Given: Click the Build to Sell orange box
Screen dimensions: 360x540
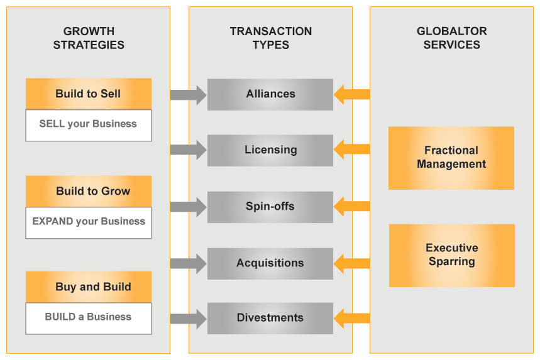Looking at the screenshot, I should (88, 94).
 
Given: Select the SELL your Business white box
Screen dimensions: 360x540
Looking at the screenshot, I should (88, 124).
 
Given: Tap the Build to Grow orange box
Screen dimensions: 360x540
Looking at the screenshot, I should (88, 191).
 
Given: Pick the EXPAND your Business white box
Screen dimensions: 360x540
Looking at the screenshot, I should (88, 222).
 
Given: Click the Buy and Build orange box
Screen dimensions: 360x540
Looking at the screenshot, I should (88, 286).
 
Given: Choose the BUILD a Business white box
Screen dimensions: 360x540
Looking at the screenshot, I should (88, 317).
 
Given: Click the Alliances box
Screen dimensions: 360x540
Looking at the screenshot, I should (270, 94).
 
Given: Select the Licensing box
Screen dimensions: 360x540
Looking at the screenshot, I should (270, 150).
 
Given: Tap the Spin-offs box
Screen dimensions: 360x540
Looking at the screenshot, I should (270, 207).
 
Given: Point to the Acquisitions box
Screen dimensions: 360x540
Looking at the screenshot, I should (270, 263).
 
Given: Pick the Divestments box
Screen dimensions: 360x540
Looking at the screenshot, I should (270, 318).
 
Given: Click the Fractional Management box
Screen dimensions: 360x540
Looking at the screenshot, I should (451, 158).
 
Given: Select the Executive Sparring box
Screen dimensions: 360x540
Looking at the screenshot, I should (451, 255).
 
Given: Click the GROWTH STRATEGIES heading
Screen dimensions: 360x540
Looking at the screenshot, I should (89, 38).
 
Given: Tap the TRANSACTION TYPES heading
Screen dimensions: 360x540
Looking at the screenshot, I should (270, 38).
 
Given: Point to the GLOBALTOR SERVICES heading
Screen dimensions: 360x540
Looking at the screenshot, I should (451, 38).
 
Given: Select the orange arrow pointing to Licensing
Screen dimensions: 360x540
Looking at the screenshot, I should (351, 150).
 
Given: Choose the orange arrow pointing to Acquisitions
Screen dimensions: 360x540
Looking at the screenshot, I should (351, 263).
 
